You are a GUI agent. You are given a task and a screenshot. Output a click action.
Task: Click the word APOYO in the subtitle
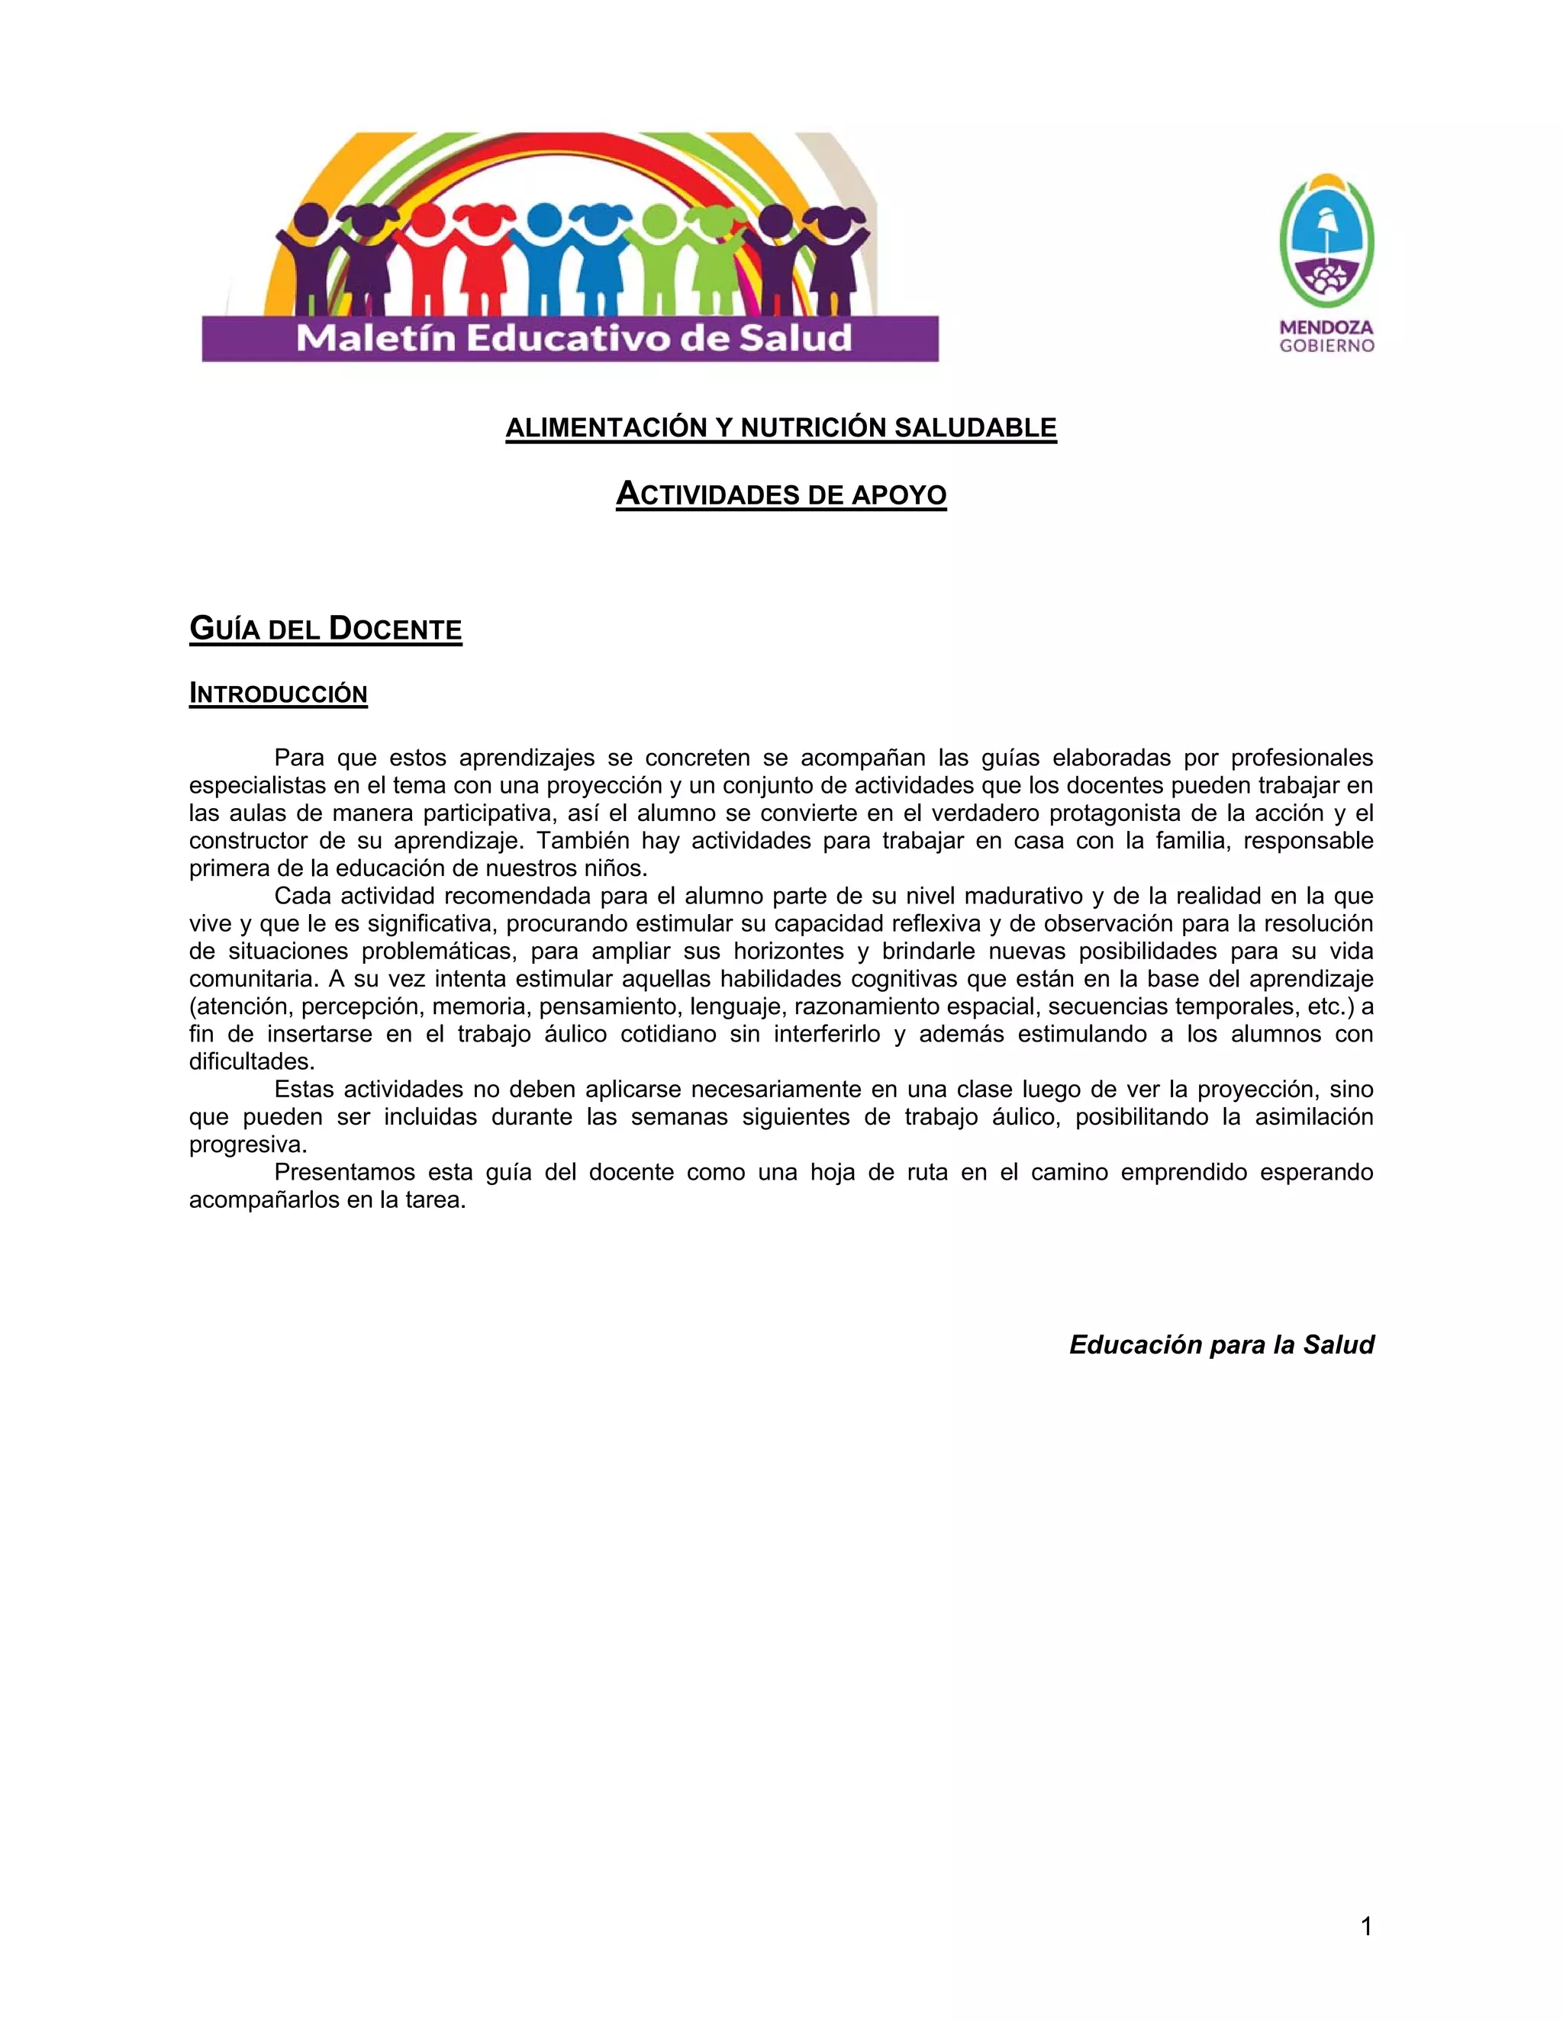tap(899, 495)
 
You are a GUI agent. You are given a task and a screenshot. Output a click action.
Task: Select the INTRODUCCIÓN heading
tap(278, 694)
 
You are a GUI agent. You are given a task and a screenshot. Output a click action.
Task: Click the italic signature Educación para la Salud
tap(1221, 1344)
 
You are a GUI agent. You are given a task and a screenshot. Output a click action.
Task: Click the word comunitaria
tap(253, 979)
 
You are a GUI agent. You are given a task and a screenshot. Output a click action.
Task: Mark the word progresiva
tap(247, 1145)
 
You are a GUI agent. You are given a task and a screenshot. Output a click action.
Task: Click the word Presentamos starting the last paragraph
tap(344, 1172)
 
